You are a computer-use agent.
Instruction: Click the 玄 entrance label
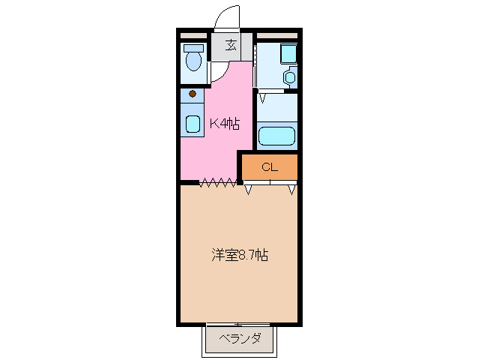[231, 45]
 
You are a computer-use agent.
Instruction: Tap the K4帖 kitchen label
[223, 124]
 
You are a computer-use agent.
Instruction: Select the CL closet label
[270, 167]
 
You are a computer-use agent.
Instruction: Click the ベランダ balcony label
[241, 339]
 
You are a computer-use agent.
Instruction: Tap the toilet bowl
[194, 60]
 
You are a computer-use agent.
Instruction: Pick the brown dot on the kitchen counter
[193, 94]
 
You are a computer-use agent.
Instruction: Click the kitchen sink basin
[193, 124]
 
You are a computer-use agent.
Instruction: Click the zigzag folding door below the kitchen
[218, 181]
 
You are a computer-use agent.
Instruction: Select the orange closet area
[270, 167]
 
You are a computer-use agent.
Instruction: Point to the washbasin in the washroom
[290, 76]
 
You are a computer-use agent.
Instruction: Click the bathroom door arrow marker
[263, 97]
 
